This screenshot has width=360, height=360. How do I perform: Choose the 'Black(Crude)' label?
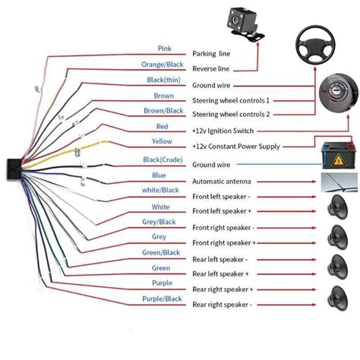tap(160, 159)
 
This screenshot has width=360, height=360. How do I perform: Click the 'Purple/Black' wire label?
tap(161, 299)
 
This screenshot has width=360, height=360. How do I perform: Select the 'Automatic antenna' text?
tap(221, 182)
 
